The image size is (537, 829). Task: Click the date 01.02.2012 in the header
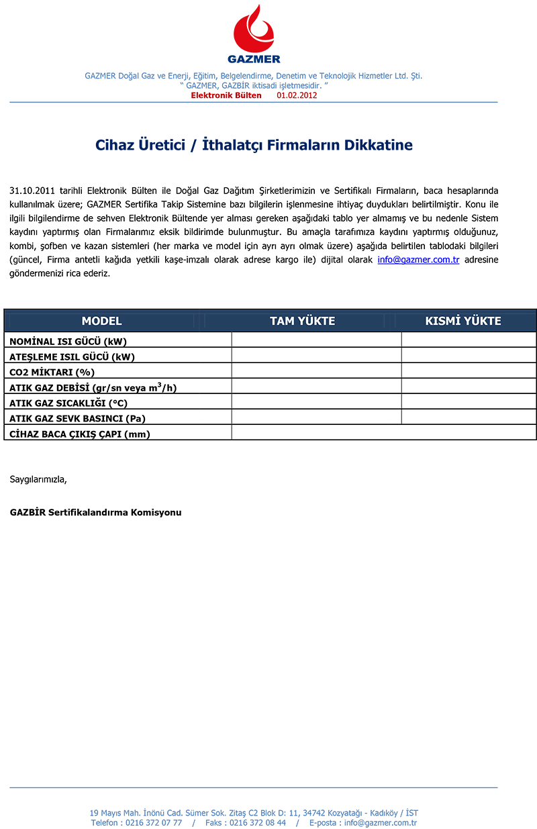pyautogui.click(x=297, y=95)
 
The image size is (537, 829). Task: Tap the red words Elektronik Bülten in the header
pyautogui.click(x=226, y=95)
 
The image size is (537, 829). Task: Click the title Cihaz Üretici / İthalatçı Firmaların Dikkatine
pyautogui.click(x=254, y=145)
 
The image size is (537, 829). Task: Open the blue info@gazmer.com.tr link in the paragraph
pyautogui.click(x=418, y=260)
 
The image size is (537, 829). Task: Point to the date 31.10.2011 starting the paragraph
pyautogui.click(x=33, y=191)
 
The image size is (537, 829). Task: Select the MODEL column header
pyautogui.click(x=101, y=321)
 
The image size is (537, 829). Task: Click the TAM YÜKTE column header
pyautogui.click(x=302, y=321)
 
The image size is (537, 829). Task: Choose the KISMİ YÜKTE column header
pyautogui.click(x=463, y=321)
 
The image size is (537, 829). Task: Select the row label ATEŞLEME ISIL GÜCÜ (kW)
pyautogui.click(x=72, y=357)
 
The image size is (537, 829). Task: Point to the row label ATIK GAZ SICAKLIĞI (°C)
pyautogui.click(x=68, y=403)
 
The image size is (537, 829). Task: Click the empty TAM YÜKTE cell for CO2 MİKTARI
pyautogui.click(x=316, y=371)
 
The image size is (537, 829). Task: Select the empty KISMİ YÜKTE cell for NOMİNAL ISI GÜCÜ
pyautogui.click(x=469, y=340)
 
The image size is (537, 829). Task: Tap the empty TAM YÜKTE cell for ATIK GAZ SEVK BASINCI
pyautogui.click(x=316, y=418)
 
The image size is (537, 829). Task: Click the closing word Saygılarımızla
pyautogui.click(x=38, y=479)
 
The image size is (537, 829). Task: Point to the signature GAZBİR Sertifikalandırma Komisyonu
pyautogui.click(x=95, y=512)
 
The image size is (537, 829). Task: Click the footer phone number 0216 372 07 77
pyautogui.click(x=154, y=822)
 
